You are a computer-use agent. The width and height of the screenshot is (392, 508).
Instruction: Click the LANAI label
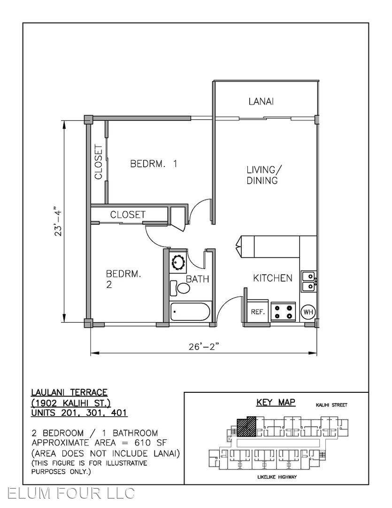point(261,102)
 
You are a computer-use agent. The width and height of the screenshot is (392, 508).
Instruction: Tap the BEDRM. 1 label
point(154,163)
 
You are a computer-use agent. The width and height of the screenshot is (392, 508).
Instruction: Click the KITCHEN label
point(272,278)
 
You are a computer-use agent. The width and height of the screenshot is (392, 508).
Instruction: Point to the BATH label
point(197,279)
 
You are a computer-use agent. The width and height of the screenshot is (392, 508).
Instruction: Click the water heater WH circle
point(308,312)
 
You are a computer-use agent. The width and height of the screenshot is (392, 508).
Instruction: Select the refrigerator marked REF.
point(258,312)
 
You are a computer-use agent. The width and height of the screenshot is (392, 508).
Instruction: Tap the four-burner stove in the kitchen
point(284,311)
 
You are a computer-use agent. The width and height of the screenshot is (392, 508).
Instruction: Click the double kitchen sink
point(308,282)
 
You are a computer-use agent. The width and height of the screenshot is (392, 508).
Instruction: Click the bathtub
point(190,311)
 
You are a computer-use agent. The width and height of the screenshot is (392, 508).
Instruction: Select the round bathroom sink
point(178,262)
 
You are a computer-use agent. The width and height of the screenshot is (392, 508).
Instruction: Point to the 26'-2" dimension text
point(204,346)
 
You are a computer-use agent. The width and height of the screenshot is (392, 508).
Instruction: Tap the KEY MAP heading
point(276,402)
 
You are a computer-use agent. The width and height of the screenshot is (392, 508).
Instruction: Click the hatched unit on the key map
point(246,426)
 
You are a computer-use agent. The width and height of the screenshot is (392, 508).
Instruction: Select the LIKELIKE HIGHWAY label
point(277,477)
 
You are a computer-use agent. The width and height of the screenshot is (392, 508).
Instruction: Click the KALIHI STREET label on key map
point(331,405)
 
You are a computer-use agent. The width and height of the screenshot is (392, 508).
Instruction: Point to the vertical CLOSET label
point(98,162)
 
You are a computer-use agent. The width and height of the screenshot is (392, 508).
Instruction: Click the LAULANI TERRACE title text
point(69,393)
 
